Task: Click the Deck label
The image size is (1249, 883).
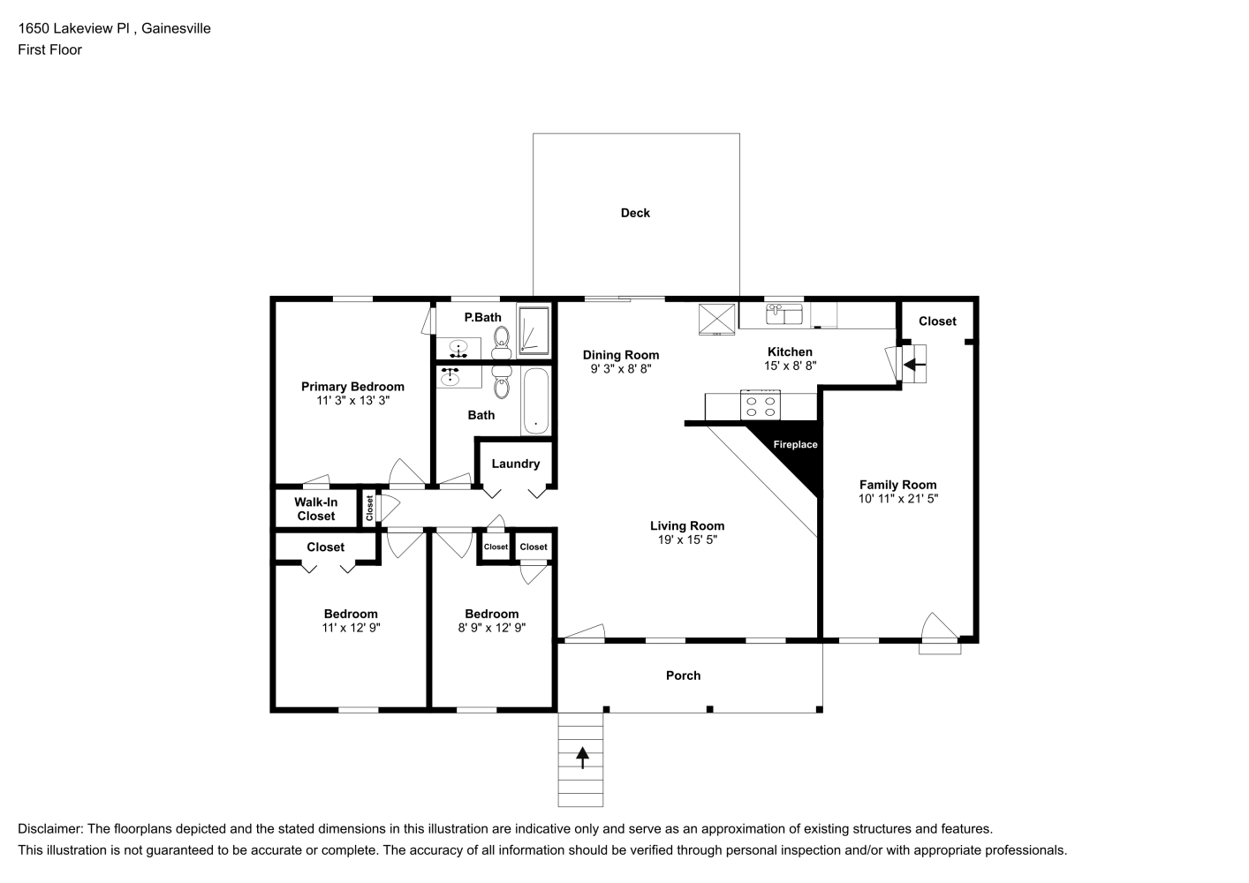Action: click(x=635, y=213)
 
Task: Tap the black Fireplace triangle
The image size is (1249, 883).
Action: click(x=798, y=449)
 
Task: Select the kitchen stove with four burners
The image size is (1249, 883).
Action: click(x=761, y=405)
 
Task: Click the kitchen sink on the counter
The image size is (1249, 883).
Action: click(x=784, y=313)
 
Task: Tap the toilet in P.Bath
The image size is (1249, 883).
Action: click(x=502, y=342)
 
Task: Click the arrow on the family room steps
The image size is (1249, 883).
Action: click(x=914, y=366)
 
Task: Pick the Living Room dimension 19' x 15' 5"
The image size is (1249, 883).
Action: click(x=687, y=540)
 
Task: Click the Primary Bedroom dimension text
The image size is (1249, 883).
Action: click(x=353, y=400)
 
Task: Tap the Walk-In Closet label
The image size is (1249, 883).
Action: click(x=316, y=509)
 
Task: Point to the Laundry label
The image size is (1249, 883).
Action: click(x=516, y=464)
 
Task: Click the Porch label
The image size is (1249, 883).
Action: click(x=683, y=675)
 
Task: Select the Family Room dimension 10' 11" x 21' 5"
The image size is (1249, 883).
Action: click(x=898, y=499)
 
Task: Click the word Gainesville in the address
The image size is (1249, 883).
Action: click(x=176, y=28)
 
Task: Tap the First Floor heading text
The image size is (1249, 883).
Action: click(x=50, y=49)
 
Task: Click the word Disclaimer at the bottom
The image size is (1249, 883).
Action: click(x=50, y=829)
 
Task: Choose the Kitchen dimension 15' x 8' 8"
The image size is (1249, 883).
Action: click(x=790, y=366)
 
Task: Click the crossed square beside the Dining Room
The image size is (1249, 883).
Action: click(x=716, y=320)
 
